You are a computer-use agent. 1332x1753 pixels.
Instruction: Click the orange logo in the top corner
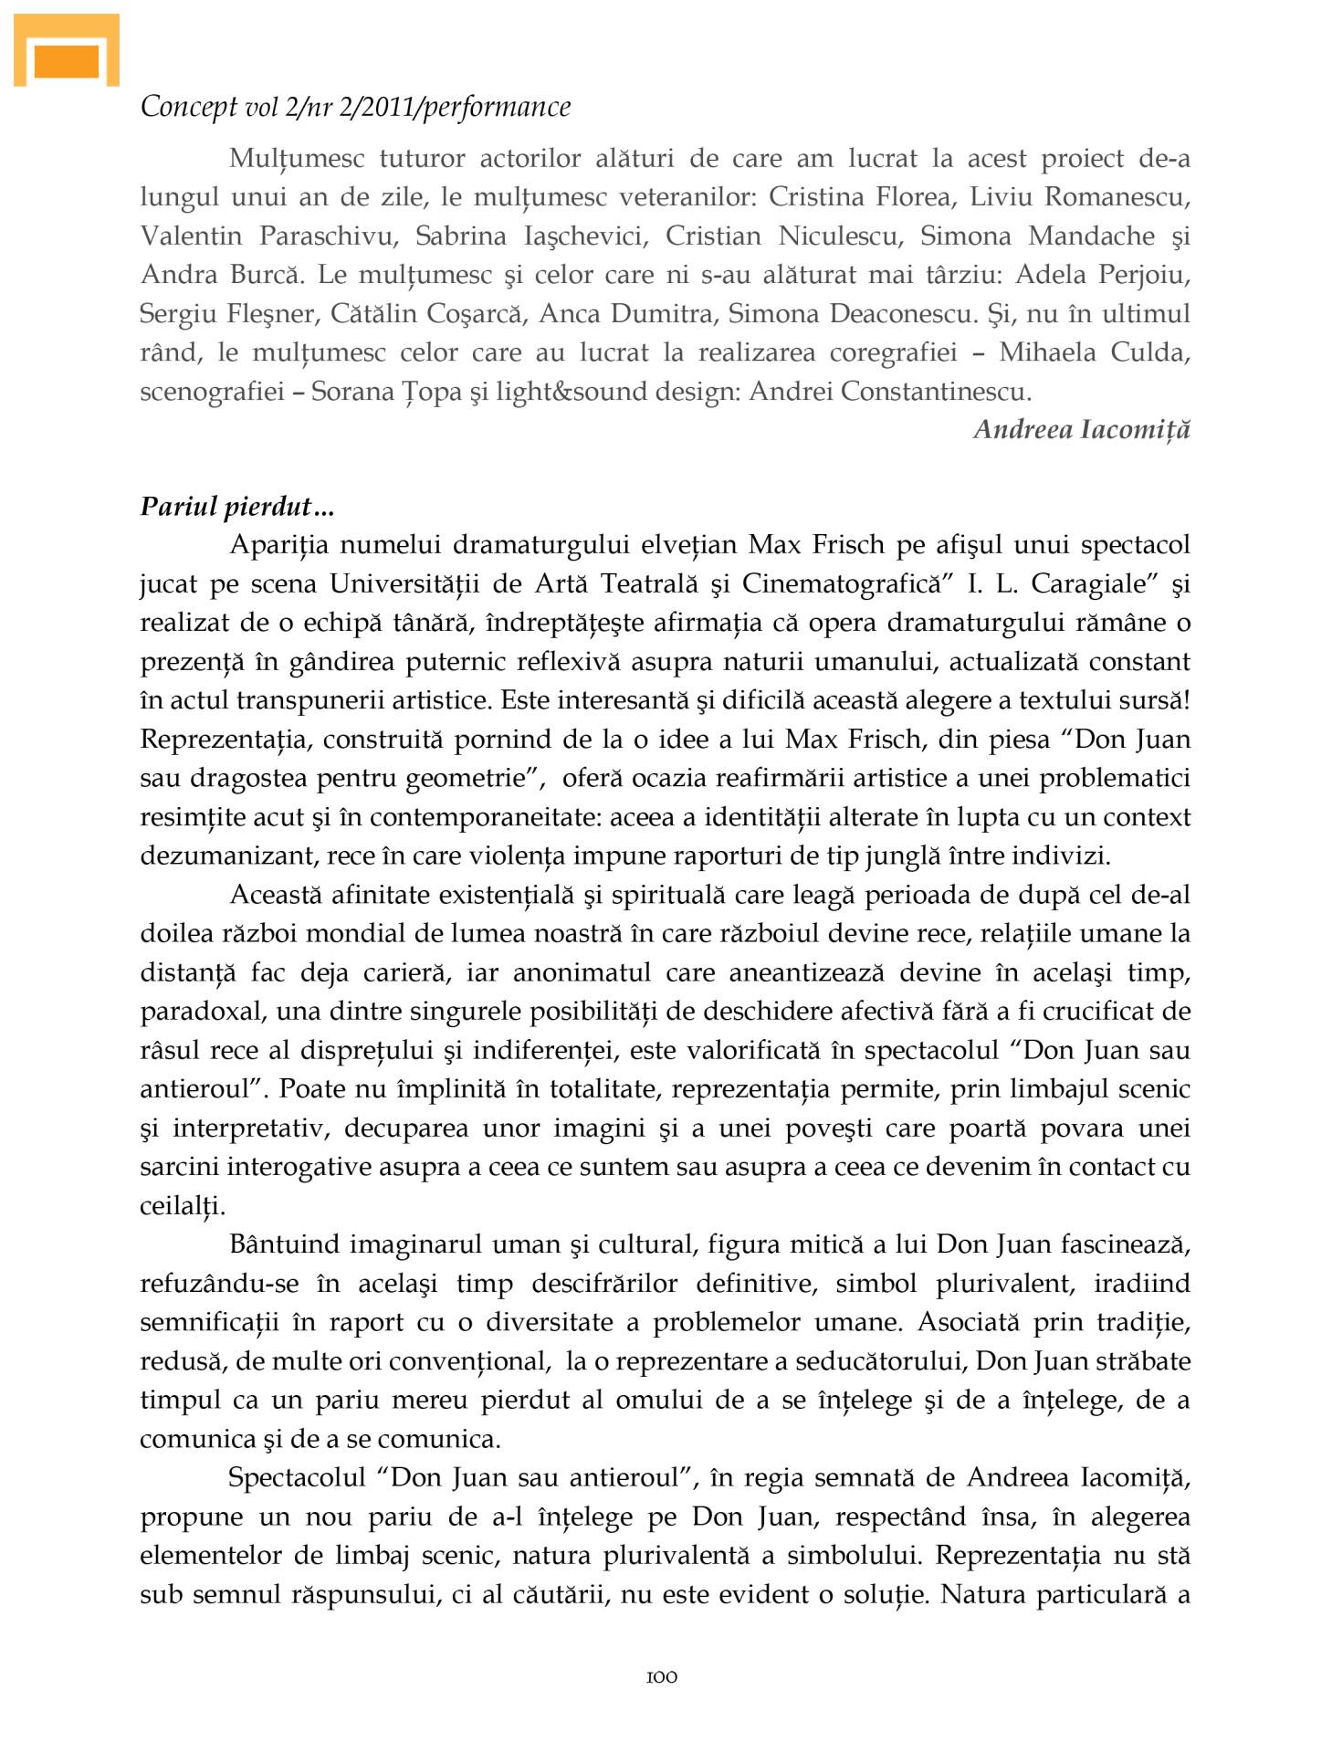(67, 53)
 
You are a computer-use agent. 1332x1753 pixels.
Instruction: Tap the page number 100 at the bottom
(662, 1677)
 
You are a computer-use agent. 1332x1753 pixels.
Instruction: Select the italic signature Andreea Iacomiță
(1082, 429)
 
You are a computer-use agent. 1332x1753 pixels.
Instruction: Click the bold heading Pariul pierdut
(225, 506)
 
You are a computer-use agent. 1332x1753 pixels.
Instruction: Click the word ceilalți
(183, 1205)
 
